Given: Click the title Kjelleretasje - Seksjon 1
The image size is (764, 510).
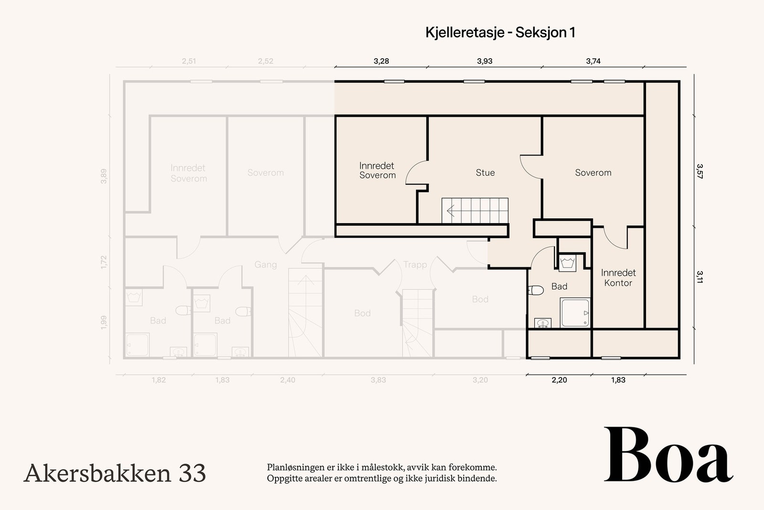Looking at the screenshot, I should click(500, 33).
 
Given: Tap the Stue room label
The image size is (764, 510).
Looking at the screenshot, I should click(485, 173).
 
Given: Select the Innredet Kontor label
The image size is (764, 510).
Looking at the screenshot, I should click(618, 278).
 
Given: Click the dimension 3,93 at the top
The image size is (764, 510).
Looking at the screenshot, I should click(484, 61).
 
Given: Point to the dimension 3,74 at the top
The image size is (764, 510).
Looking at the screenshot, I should click(593, 61).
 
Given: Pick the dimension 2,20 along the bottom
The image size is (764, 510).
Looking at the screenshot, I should click(559, 380).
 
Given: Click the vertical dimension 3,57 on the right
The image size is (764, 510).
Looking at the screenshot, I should click(699, 171).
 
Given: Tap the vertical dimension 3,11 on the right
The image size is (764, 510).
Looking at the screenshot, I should click(699, 277).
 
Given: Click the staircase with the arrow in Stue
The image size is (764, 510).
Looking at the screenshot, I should click(475, 210).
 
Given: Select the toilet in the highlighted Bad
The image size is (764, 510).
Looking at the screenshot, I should click(537, 290).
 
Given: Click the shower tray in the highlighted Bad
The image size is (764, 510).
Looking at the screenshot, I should click(575, 313).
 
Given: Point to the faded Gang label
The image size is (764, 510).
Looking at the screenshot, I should click(265, 264).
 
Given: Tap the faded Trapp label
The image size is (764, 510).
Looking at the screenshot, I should click(415, 264).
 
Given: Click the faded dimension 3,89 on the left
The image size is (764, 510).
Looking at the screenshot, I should click(104, 176).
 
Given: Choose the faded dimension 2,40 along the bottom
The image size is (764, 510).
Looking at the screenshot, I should click(287, 380).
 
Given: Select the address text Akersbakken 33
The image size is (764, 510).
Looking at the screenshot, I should click(115, 473).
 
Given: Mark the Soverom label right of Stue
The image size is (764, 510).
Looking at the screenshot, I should click(593, 173).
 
